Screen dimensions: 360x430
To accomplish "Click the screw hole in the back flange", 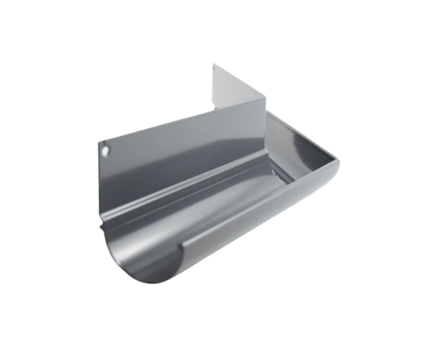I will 106,149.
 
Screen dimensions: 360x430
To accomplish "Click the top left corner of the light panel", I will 214,63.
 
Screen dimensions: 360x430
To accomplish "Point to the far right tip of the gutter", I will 338,161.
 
